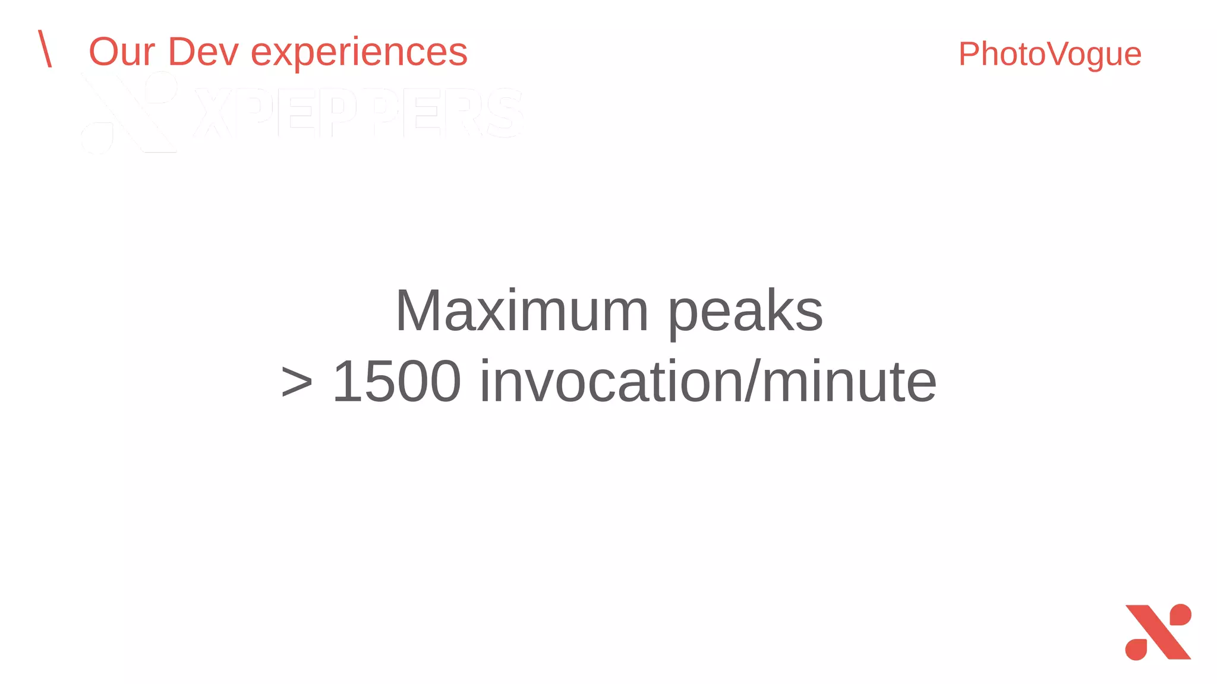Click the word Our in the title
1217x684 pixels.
pyautogui.click(x=122, y=52)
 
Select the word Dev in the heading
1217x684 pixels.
pyautogui.click(x=203, y=52)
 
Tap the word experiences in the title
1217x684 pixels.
pyautogui.click(x=359, y=53)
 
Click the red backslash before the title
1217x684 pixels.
pyautogui.click(x=45, y=49)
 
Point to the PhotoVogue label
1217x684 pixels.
pyautogui.click(x=1049, y=55)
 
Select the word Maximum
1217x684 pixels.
pyautogui.click(x=521, y=311)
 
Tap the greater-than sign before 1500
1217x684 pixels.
pyautogui.click(x=297, y=382)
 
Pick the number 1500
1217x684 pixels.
pyautogui.click(x=396, y=381)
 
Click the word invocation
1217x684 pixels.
pyautogui.click(x=611, y=381)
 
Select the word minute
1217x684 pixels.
pyautogui.click(x=849, y=381)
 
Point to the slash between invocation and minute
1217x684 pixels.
pyautogui.click(x=752, y=381)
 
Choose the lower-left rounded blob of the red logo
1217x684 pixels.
pyautogui.click(x=1136, y=650)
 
